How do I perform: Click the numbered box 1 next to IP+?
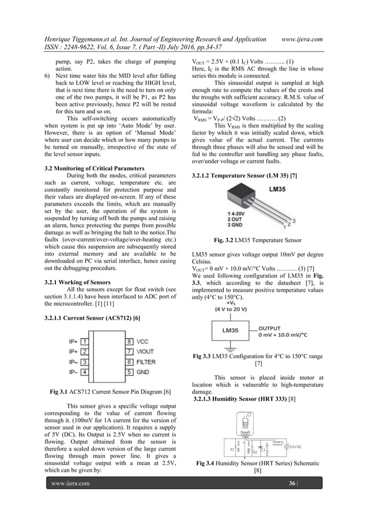click(x=84, y=342)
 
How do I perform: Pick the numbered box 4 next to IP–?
click(x=84, y=371)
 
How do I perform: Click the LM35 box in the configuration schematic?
click(x=231, y=332)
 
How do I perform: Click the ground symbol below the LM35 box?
click(x=231, y=350)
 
